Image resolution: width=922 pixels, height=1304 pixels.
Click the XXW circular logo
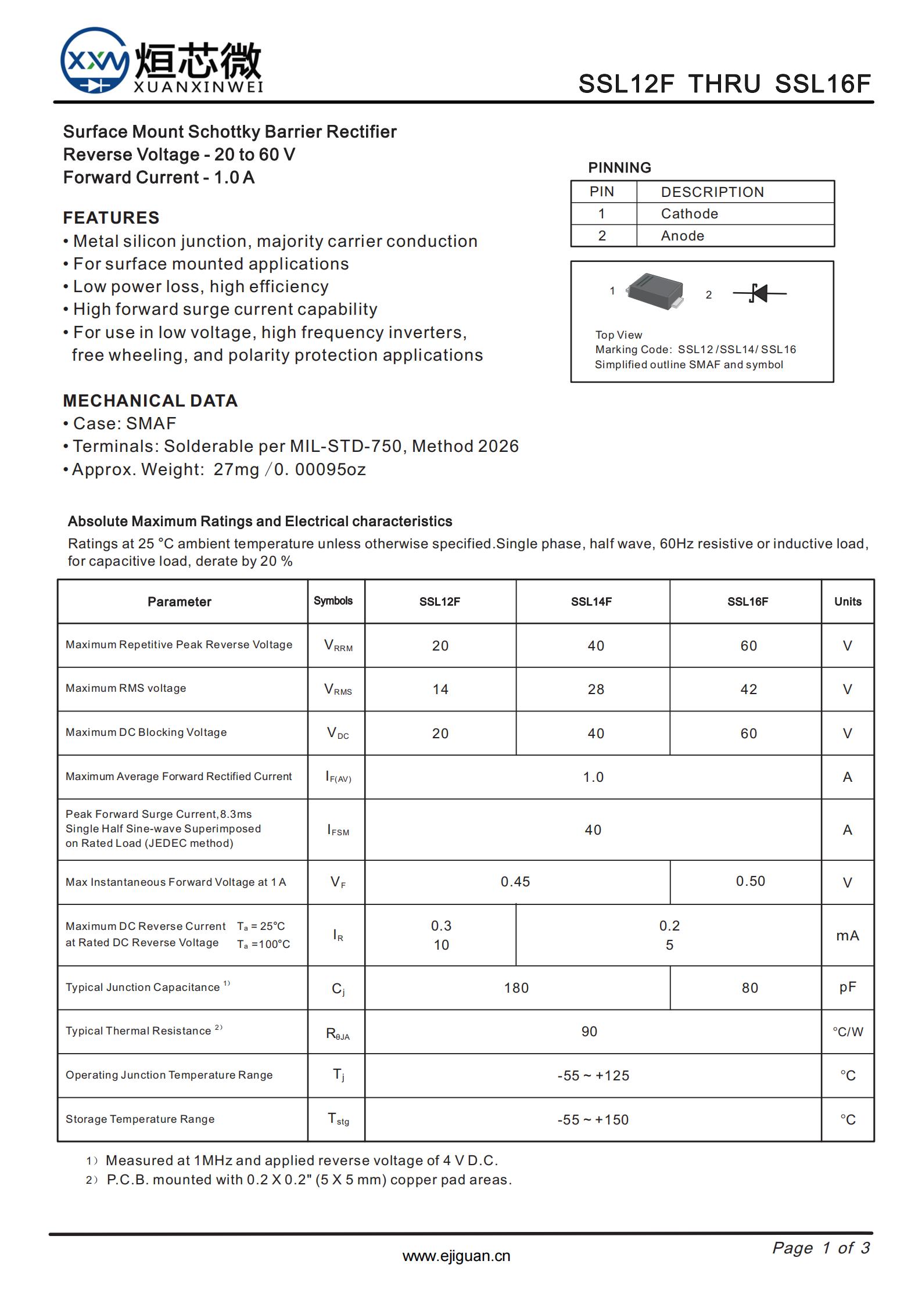(95, 61)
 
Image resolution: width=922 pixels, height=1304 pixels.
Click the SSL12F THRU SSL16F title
(724, 84)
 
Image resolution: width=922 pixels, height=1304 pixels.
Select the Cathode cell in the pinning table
(689, 214)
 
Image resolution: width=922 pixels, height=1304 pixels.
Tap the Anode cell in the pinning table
(682, 236)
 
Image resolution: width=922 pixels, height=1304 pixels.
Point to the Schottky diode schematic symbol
(759, 293)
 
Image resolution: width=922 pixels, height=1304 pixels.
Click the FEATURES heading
(111, 218)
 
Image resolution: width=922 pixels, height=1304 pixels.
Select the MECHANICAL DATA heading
(150, 401)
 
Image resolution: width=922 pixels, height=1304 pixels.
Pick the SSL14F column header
(591, 602)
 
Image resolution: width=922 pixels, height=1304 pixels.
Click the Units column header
(847, 602)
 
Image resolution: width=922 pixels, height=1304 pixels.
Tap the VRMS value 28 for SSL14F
(595, 689)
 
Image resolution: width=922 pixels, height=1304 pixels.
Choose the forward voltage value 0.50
(750, 881)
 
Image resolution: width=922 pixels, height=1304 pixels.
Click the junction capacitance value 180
(516, 988)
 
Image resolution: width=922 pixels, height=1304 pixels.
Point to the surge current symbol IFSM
(338, 830)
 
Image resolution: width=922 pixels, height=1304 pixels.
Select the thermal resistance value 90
(589, 1032)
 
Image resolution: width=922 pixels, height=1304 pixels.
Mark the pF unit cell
(847, 987)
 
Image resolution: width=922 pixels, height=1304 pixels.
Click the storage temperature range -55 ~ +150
(593, 1120)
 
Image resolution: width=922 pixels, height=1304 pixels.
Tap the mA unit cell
(847, 935)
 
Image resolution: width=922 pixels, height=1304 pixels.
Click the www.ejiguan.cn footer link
(456, 1256)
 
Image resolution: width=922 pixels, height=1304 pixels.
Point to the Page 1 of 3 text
(820, 1248)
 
